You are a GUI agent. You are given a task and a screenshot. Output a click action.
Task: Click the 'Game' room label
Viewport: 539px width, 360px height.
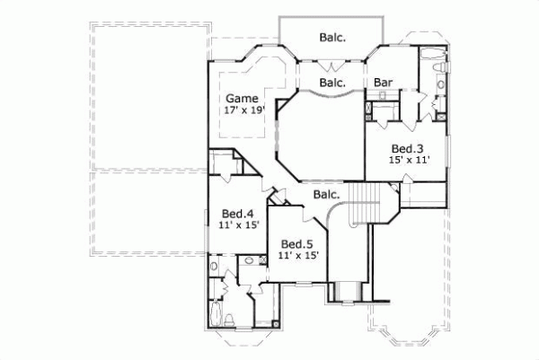point(242,98)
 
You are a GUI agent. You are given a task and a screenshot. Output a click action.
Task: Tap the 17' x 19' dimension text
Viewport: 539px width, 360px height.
point(242,110)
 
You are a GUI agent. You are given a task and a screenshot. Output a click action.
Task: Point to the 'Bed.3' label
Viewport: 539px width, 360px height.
point(406,148)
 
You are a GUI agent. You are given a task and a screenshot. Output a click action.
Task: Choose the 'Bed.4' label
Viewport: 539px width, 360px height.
point(236,214)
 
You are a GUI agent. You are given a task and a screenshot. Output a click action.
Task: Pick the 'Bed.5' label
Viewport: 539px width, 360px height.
point(296,243)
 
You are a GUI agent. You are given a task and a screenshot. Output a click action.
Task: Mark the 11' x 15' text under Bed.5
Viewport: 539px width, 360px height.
point(298,255)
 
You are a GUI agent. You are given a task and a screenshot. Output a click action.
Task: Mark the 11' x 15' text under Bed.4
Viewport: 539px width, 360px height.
point(238,225)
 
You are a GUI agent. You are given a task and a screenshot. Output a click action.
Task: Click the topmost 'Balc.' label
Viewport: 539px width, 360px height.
point(332,38)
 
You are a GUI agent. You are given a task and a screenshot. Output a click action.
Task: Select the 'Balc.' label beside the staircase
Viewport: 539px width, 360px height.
point(325,194)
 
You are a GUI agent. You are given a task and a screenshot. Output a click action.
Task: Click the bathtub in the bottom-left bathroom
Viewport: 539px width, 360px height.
point(216,315)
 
